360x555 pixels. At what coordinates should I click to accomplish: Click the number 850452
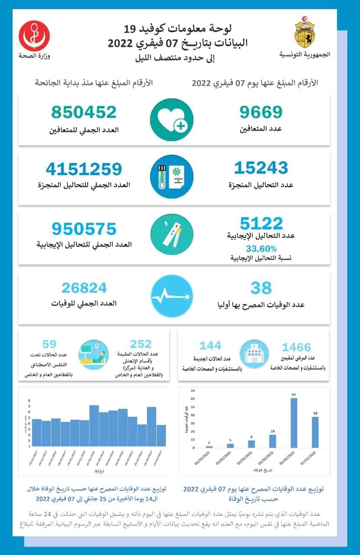[84, 112]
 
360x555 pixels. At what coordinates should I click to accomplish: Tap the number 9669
[261, 112]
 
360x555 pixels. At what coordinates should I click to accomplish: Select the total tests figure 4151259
[84, 169]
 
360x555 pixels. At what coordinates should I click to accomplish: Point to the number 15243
[261, 168]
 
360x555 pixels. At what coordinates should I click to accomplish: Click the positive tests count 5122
[261, 224]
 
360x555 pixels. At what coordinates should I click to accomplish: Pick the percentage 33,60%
[261, 249]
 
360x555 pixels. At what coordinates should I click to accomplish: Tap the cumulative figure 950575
[84, 229]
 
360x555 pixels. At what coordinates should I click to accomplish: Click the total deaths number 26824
[84, 287]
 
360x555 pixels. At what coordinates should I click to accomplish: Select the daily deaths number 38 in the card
[261, 287]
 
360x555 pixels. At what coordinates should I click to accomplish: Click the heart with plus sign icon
[171, 120]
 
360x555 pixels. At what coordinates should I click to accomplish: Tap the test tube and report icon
[171, 176]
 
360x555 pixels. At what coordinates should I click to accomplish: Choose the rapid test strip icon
[171, 235]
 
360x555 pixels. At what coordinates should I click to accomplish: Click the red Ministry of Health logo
[34, 36]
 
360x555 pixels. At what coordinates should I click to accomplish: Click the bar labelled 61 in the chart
[294, 422]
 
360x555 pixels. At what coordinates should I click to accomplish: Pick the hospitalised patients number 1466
[297, 347]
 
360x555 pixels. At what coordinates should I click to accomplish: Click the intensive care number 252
[141, 344]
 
